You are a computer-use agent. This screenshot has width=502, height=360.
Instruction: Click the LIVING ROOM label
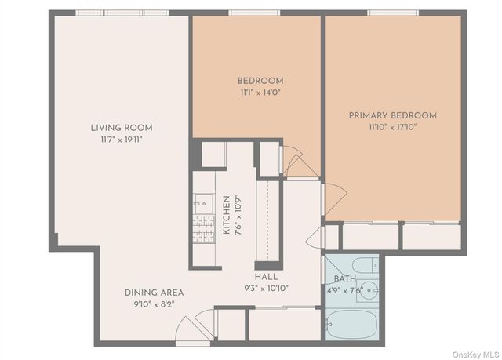tap(121, 128)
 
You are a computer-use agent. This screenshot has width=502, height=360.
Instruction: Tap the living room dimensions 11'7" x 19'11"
tap(121, 140)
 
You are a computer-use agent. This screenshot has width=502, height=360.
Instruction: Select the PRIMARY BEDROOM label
tap(392, 115)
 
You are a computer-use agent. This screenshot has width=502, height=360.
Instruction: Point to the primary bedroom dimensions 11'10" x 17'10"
tap(392, 127)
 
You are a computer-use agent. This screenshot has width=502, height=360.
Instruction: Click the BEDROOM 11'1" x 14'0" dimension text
tap(260, 93)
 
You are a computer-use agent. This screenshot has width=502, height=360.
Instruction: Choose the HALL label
tap(266, 277)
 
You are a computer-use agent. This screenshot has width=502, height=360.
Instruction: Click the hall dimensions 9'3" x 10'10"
tap(266, 288)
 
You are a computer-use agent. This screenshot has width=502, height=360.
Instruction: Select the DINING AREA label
tap(154, 293)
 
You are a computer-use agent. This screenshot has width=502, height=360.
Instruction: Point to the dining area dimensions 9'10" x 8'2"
tap(154, 304)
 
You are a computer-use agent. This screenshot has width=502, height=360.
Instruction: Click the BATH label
tap(344, 278)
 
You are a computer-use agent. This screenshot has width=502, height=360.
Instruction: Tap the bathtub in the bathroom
tap(351, 325)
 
